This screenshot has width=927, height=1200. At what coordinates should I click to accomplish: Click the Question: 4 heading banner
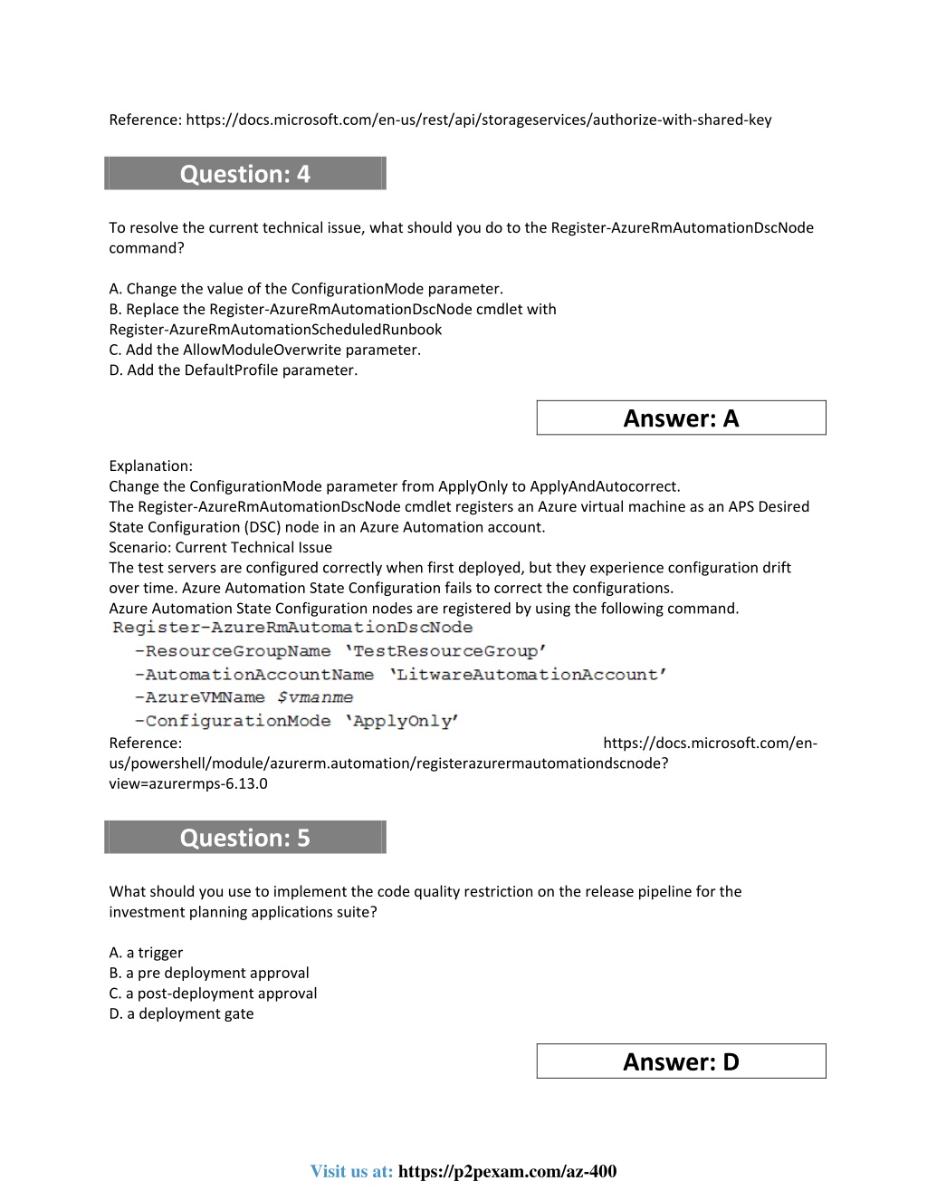[245, 174]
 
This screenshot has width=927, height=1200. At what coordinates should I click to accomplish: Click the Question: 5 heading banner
[245, 838]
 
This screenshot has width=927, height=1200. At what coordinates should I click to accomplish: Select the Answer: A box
[681, 418]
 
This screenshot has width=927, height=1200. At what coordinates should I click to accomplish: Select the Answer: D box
[681, 1061]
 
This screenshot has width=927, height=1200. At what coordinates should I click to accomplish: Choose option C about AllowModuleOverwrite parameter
[265, 350]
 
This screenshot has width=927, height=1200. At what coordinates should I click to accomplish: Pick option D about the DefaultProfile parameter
[234, 370]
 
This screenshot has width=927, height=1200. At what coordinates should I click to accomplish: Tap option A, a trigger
[146, 953]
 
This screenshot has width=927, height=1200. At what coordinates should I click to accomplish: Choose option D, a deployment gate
[181, 1013]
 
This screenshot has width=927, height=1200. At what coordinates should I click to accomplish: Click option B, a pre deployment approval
[209, 973]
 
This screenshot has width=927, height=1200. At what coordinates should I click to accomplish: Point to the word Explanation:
[150, 466]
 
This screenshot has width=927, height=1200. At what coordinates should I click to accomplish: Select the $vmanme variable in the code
[315, 697]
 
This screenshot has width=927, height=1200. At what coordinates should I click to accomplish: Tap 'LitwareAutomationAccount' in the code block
[528, 675]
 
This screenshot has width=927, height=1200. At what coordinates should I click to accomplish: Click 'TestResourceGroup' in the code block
[445, 651]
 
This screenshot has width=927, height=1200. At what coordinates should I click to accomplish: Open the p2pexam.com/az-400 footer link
[507, 1171]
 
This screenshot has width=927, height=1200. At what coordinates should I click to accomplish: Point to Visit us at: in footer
[351, 1171]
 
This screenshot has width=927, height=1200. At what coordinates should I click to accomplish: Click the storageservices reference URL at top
[479, 120]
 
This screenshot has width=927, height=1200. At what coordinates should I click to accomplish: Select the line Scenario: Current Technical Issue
[220, 547]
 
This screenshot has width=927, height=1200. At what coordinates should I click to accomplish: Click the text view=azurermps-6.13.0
[188, 783]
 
